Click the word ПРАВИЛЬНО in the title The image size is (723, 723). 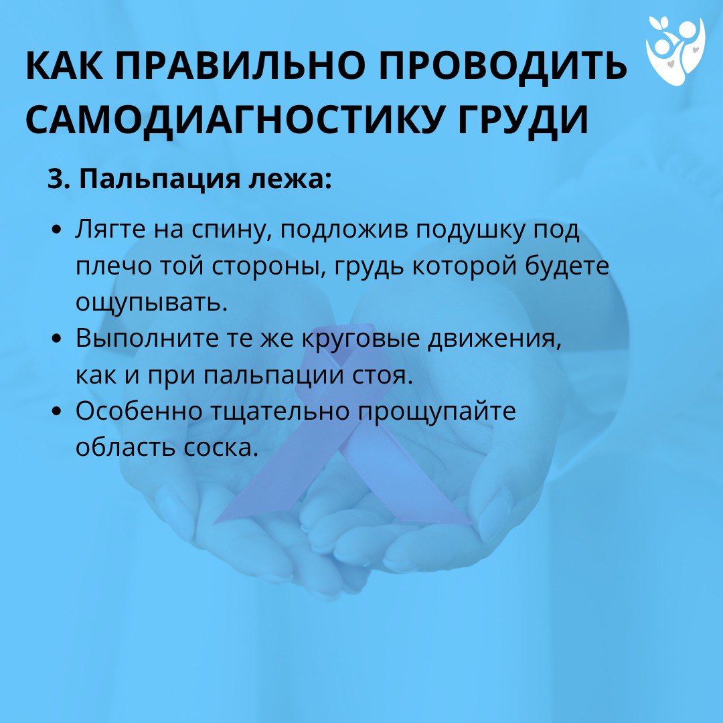click(x=242, y=66)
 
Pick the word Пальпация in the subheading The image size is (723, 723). click(x=159, y=179)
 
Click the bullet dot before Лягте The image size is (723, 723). click(x=57, y=230)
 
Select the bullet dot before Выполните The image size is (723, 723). click(x=57, y=339)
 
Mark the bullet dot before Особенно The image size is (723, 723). click(x=57, y=411)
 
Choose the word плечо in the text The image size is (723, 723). click(x=113, y=266)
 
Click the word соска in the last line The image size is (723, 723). click(x=220, y=448)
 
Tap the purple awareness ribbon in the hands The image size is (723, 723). click(x=341, y=429)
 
